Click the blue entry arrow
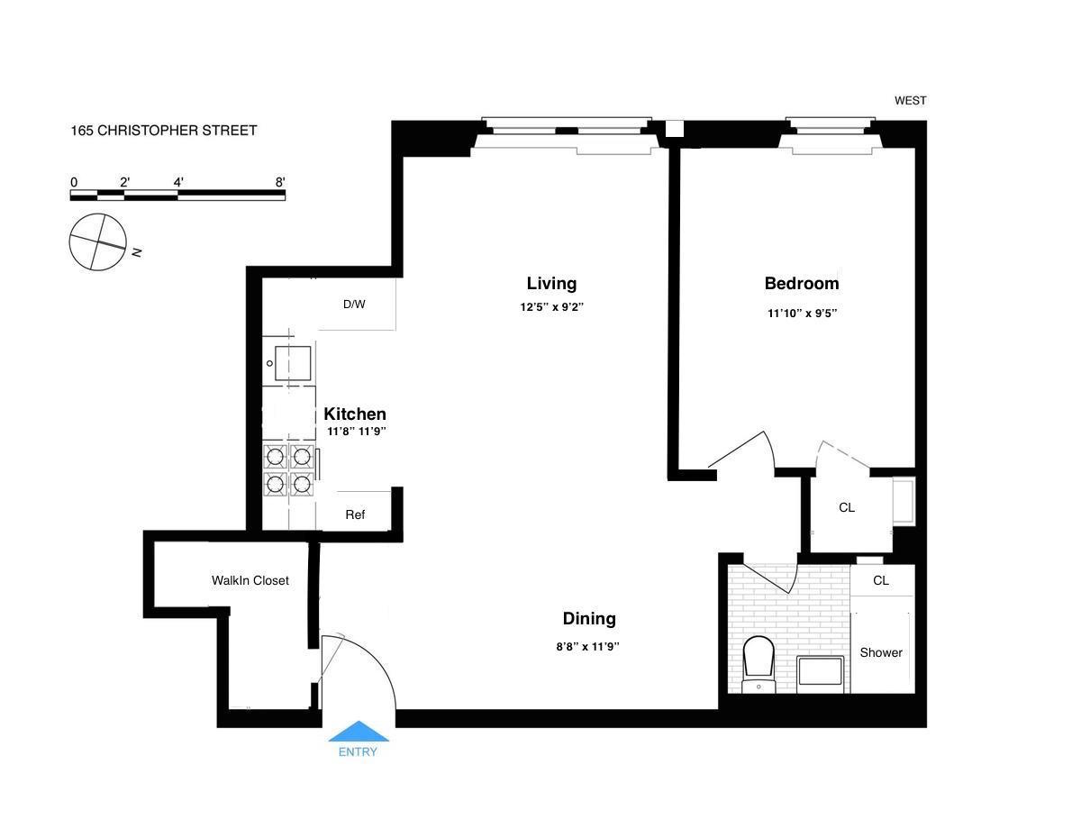(x=359, y=732)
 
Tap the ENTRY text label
(x=358, y=752)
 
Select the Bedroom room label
(x=801, y=284)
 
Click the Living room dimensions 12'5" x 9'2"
(x=551, y=307)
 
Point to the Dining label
(x=589, y=619)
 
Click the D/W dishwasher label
(x=354, y=305)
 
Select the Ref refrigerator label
(x=355, y=515)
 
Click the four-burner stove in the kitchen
(x=288, y=470)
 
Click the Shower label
(x=880, y=653)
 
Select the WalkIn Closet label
(x=250, y=581)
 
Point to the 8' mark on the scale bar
(x=280, y=183)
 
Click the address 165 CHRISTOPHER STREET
(x=164, y=131)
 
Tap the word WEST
(x=910, y=101)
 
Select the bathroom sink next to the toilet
(x=820, y=674)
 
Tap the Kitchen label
(x=355, y=414)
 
